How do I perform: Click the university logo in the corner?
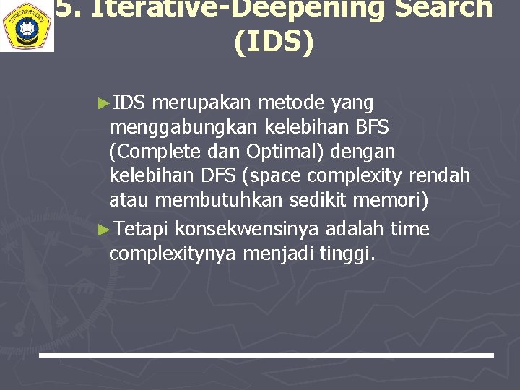(27, 25)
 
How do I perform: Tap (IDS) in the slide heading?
(274, 42)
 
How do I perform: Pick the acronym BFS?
(372, 128)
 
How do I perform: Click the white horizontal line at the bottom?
(266, 355)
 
